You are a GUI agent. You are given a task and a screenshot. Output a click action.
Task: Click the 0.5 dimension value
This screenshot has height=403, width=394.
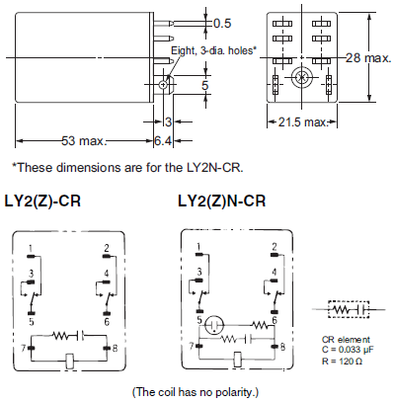click(222, 24)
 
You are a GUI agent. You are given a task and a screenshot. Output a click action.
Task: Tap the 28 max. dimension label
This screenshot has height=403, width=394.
click(368, 58)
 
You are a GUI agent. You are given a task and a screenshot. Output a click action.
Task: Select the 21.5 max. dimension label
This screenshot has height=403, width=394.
click(303, 122)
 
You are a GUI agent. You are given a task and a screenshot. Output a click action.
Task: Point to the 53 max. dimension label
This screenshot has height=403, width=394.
click(84, 141)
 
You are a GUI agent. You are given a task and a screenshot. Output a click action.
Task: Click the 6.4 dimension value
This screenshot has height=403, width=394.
click(163, 141)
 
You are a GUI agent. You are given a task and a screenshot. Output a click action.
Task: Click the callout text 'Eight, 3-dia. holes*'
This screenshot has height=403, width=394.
click(213, 50)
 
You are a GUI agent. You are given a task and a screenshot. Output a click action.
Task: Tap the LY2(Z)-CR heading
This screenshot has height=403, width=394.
click(42, 201)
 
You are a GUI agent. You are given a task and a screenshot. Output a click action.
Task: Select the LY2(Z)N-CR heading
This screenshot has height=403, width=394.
click(221, 201)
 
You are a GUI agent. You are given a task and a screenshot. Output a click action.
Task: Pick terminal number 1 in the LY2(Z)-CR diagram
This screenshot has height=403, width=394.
click(31, 248)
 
